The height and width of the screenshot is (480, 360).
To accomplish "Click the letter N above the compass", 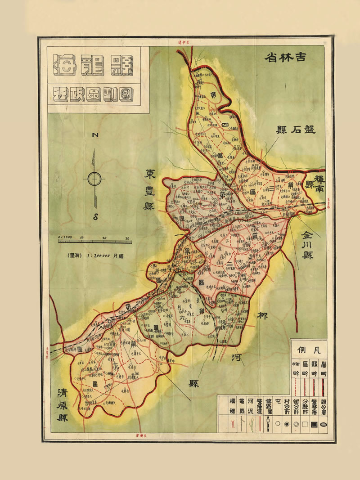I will [x=95, y=135].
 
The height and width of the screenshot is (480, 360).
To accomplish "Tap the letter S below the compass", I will [x=95, y=216].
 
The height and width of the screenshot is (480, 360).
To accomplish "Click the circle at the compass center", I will [x=94, y=179].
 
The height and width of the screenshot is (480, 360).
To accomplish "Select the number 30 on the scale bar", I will [x=127, y=238].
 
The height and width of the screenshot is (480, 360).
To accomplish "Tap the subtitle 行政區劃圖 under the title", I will [x=94, y=95].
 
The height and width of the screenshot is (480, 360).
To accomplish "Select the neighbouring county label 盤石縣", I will [x=296, y=130].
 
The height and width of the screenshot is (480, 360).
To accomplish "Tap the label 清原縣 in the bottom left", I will [x=59, y=404].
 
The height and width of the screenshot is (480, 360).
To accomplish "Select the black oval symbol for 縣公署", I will [x=323, y=423].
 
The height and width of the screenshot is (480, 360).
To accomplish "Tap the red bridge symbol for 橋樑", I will [x=233, y=423].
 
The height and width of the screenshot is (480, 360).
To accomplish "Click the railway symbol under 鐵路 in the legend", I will [x=269, y=423].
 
